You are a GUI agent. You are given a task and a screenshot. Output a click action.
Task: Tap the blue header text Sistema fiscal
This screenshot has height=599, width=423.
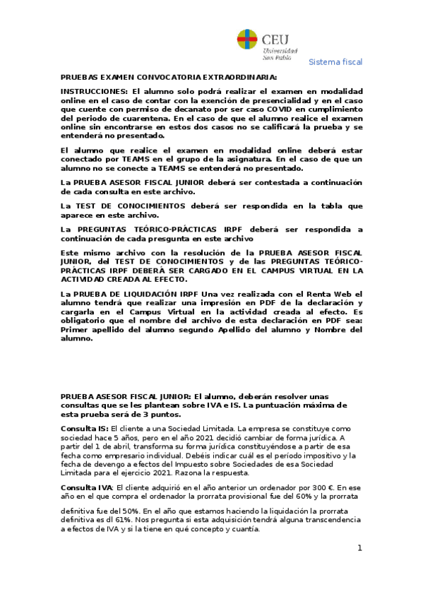(336, 62)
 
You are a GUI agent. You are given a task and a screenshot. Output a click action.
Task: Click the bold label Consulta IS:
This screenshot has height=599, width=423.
(85, 429)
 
